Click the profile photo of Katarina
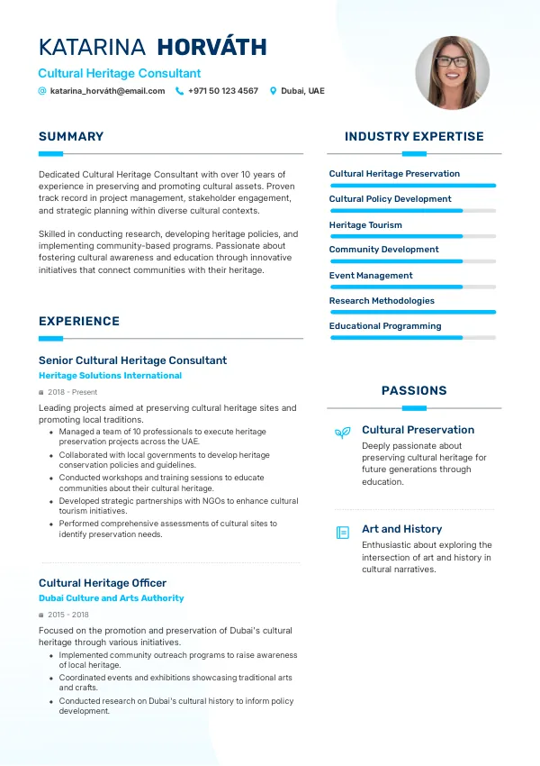point(452,73)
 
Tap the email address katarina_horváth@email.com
point(107,91)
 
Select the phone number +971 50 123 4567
point(222,91)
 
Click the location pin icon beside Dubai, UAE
point(274,91)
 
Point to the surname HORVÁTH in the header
point(211,48)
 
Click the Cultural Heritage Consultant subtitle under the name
point(120,73)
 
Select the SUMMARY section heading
point(71,137)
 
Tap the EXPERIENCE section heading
point(79,321)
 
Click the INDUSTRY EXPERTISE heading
point(414,137)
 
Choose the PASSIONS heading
point(414,391)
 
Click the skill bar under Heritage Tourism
point(413,236)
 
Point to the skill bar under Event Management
point(413,287)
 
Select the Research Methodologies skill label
point(382,301)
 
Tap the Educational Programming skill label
point(385,326)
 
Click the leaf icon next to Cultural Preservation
point(342,433)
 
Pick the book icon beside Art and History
point(342,533)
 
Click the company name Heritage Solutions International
point(110,376)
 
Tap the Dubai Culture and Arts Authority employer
point(111,598)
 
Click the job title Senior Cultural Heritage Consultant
point(132,360)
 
